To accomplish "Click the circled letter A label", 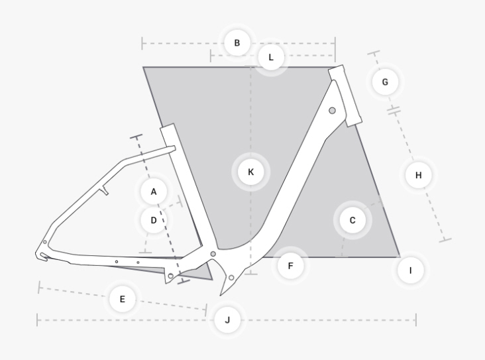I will (x=154, y=192).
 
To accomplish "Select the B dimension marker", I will (x=237, y=44).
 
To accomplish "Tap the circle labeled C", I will (x=352, y=219).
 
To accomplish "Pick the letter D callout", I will (x=154, y=219).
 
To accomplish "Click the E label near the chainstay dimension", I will (x=122, y=300).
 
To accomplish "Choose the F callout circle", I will (x=290, y=266).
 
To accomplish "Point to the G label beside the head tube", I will (x=385, y=82).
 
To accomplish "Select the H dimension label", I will (x=418, y=175).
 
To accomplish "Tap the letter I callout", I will (x=410, y=270).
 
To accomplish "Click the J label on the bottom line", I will (x=227, y=320).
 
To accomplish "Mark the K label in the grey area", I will (x=250, y=172).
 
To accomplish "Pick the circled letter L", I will (x=270, y=58).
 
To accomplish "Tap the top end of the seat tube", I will (x=167, y=127).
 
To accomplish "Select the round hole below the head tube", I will (x=332, y=110).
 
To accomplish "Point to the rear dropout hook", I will (x=43, y=255).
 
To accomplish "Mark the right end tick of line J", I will (x=415, y=320).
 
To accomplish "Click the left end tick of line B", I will (x=142, y=44).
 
